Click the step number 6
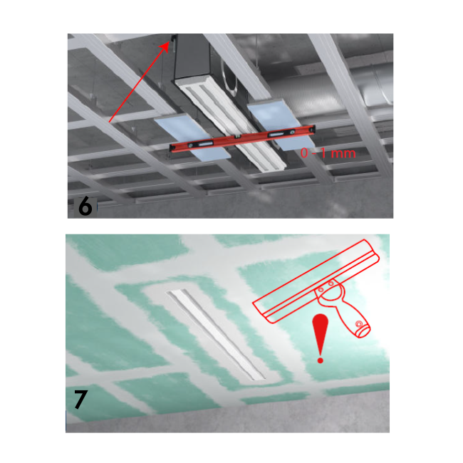[x=85, y=206]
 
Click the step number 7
[x=80, y=400]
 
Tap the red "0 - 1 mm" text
[x=328, y=153]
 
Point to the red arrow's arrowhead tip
[x=170, y=42]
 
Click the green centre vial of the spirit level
[x=237, y=137]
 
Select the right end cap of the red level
[x=313, y=128]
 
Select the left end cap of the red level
[x=171, y=147]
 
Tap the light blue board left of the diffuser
[x=192, y=138]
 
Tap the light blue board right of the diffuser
[x=281, y=125]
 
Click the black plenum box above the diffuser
[x=192, y=58]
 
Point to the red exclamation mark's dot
[x=321, y=360]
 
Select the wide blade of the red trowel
[x=316, y=281]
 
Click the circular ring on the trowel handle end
[x=359, y=324]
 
